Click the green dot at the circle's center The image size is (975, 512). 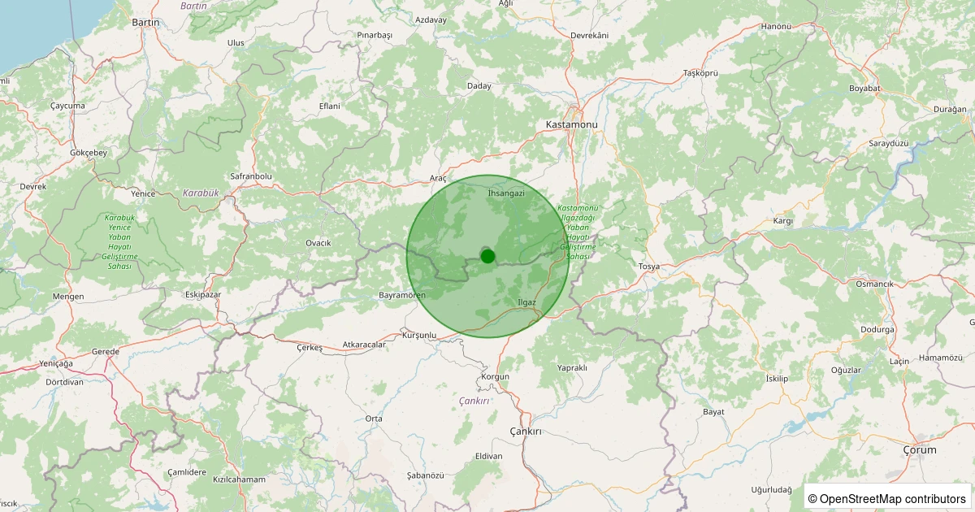487,256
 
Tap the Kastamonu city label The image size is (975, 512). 571,124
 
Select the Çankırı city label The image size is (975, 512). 525,431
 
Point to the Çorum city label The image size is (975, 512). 920,449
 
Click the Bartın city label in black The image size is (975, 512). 145,23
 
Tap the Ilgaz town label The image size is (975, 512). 527,302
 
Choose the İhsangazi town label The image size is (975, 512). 506,193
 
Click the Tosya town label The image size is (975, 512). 649,267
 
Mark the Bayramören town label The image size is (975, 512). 402,294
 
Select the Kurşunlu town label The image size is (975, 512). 419,335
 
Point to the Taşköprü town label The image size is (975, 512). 701,73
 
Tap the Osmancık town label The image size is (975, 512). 874,284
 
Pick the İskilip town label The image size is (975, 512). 778,379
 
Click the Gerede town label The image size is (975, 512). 105,351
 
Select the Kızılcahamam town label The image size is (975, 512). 239,479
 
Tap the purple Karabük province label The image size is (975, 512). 201,193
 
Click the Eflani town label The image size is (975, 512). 329,106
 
